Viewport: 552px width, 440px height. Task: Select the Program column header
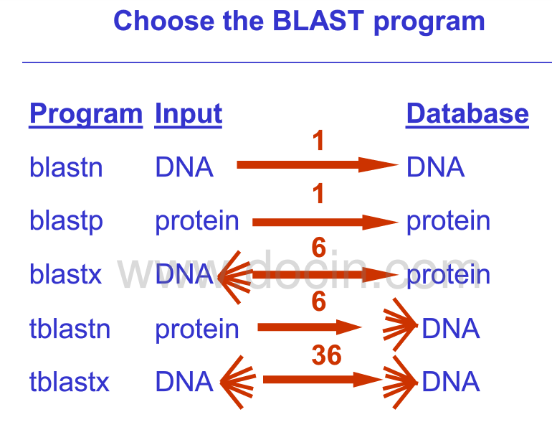[x=86, y=113]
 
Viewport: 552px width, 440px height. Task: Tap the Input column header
[x=189, y=113]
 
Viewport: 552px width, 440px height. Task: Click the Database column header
[x=467, y=113]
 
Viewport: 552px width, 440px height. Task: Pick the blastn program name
[x=66, y=167]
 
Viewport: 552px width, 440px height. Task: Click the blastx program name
[x=65, y=274]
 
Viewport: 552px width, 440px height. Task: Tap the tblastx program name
[x=70, y=382]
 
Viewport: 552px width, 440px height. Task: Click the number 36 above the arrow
[x=326, y=355]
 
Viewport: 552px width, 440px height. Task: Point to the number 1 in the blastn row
[x=319, y=141]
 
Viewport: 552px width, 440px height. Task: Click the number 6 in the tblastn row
[x=319, y=301]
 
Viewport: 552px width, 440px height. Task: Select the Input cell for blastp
[x=197, y=221]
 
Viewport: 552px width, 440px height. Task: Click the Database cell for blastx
[x=448, y=274]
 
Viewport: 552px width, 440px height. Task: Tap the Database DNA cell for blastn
[x=435, y=167]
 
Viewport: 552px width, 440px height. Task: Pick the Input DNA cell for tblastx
[x=184, y=382]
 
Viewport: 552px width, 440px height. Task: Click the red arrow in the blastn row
[x=315, y=166]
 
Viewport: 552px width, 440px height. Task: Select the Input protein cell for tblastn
[x=197, y=329]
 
